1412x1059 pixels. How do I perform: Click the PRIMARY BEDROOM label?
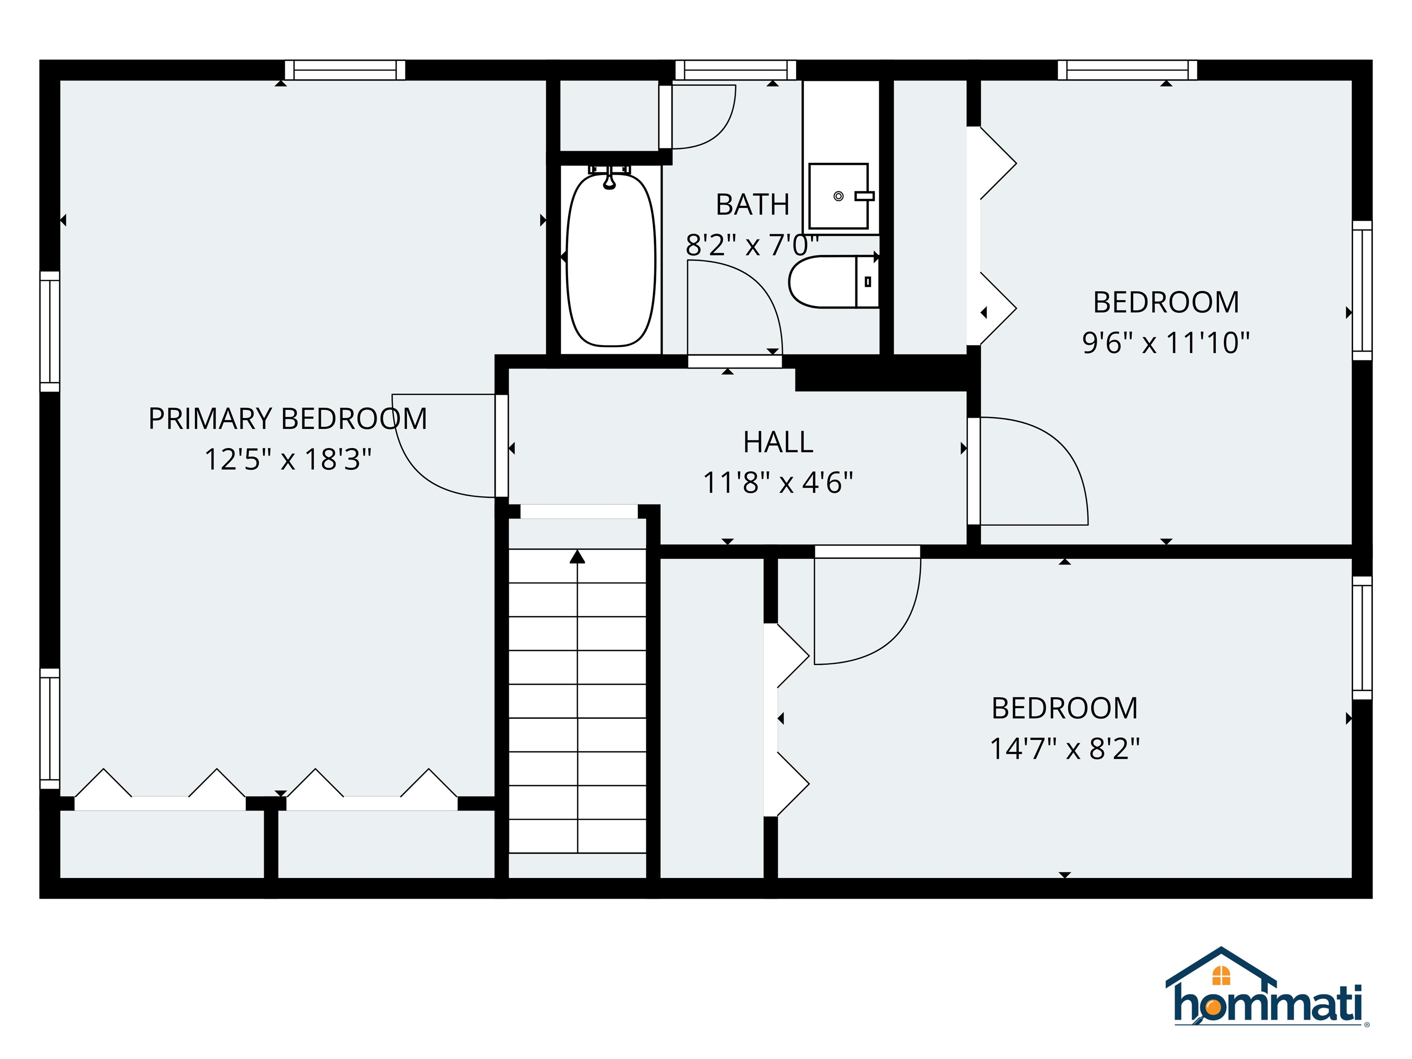[287, 419]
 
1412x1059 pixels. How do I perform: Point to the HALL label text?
[778, 442]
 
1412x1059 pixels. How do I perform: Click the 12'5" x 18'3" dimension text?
[287, 460]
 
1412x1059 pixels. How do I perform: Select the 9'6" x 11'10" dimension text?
[1166, 343]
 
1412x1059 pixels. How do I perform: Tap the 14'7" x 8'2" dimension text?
[1064, 749]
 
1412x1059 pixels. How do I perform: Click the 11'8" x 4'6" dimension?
[778, 483]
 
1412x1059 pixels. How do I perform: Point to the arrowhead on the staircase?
[577, 557]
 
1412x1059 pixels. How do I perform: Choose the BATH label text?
[752, 204]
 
